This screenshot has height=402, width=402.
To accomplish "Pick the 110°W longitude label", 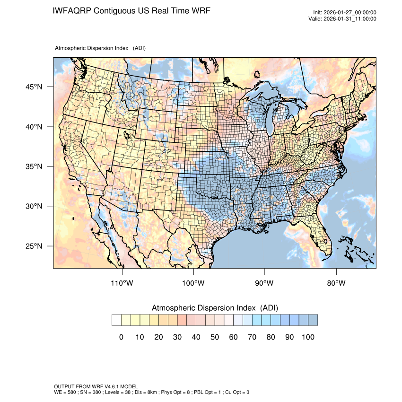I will point(122,283).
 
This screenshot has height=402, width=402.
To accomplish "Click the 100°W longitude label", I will point(193,283).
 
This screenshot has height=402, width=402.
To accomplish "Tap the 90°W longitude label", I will point(264,283).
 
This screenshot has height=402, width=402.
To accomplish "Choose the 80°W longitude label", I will point(336,283).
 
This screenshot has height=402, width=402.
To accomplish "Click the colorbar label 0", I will point(121,337).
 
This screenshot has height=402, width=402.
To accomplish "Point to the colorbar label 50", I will point(215,337).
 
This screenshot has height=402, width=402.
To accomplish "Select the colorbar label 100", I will point(308,337).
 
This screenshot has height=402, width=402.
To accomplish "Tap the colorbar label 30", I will point(177,337).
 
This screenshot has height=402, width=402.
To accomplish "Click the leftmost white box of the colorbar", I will point(116,320).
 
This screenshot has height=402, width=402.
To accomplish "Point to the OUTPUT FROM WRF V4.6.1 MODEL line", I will point(96,386).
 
